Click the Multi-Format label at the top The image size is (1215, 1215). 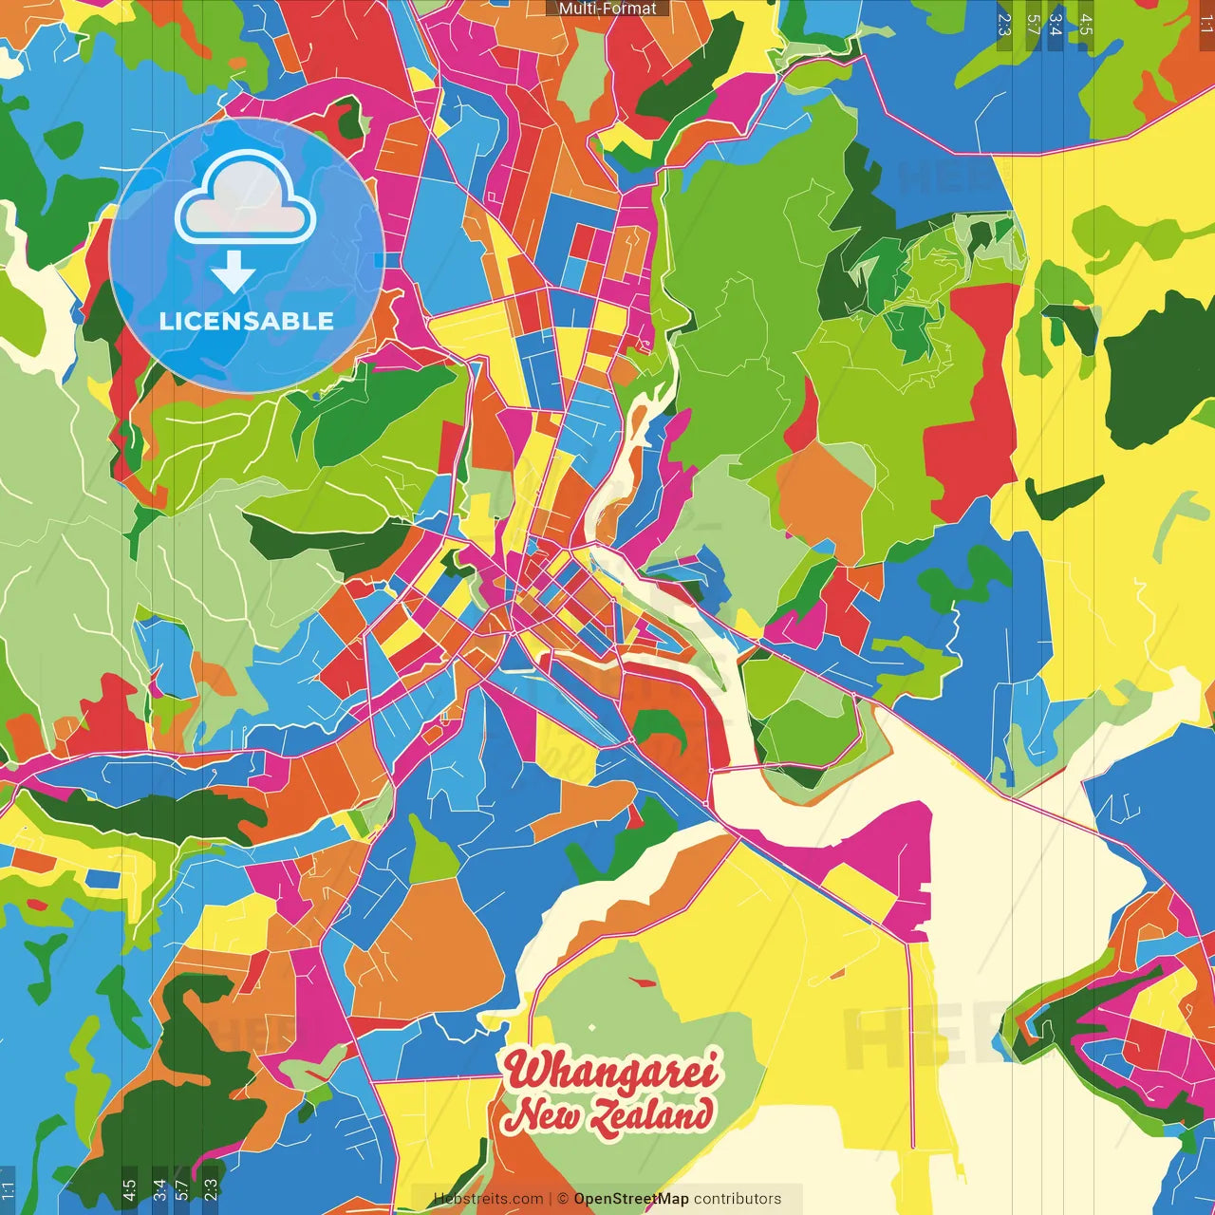click(607, 9)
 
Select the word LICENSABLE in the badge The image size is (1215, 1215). click(247, 321)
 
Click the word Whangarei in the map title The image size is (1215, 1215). click(611, 1072)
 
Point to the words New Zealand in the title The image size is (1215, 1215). click(607, 1115)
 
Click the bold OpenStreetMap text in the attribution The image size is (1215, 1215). click(630, 1199)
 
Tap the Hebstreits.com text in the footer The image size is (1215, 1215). click(488, 1199)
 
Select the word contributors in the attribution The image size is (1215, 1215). click(738, 1199)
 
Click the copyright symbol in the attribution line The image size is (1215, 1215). click(562, 1199)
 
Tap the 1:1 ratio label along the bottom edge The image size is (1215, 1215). click(8, 1189)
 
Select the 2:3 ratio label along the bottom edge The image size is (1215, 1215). click(211, 1187)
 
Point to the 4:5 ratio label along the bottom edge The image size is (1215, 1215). click(129, 1187)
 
